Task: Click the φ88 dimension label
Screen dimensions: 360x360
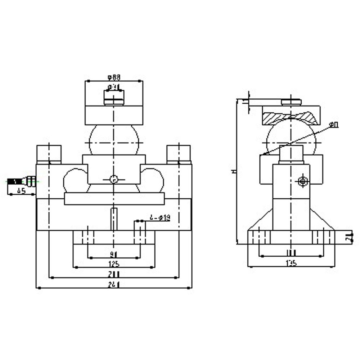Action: tap(114, 77)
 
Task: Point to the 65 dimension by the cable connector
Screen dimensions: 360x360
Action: tap(21, 191)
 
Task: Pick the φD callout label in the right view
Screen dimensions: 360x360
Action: tap(334, 125)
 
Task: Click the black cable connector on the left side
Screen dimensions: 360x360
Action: tap(16, 181)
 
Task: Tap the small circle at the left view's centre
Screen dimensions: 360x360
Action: tap(114, 179)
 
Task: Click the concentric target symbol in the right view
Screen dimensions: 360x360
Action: tap(303, 181)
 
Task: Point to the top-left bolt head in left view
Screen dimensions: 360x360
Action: tap(49, 154)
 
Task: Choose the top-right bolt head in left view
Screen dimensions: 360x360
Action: tap(179, 154)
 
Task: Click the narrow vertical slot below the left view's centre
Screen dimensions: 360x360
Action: tap(114, 219)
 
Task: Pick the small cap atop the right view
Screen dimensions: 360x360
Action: tap(291, 102)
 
